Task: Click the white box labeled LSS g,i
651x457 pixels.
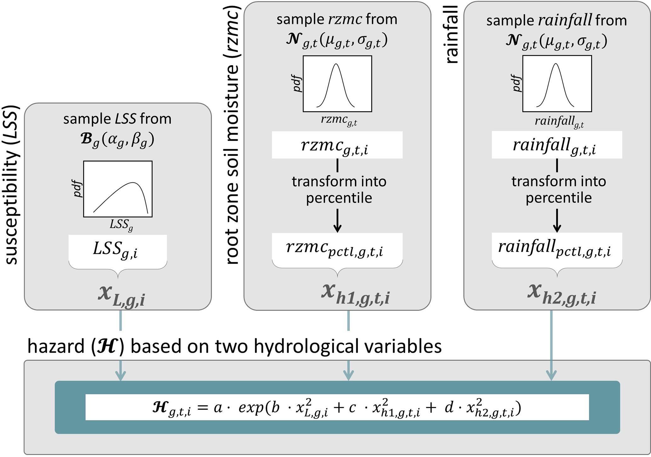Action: (117, 249)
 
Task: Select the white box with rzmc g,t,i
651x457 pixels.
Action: (337, 145)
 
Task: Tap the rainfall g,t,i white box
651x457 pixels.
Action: (557, 145)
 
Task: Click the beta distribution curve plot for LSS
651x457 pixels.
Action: (118, 189)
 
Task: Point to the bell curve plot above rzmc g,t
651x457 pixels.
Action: (337, 84)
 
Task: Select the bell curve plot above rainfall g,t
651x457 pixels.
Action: (557, 84)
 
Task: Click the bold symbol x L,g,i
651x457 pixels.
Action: (122, 296)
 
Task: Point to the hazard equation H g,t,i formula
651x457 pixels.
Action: (337, 407)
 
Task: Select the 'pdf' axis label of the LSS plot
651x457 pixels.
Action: (77, 189)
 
